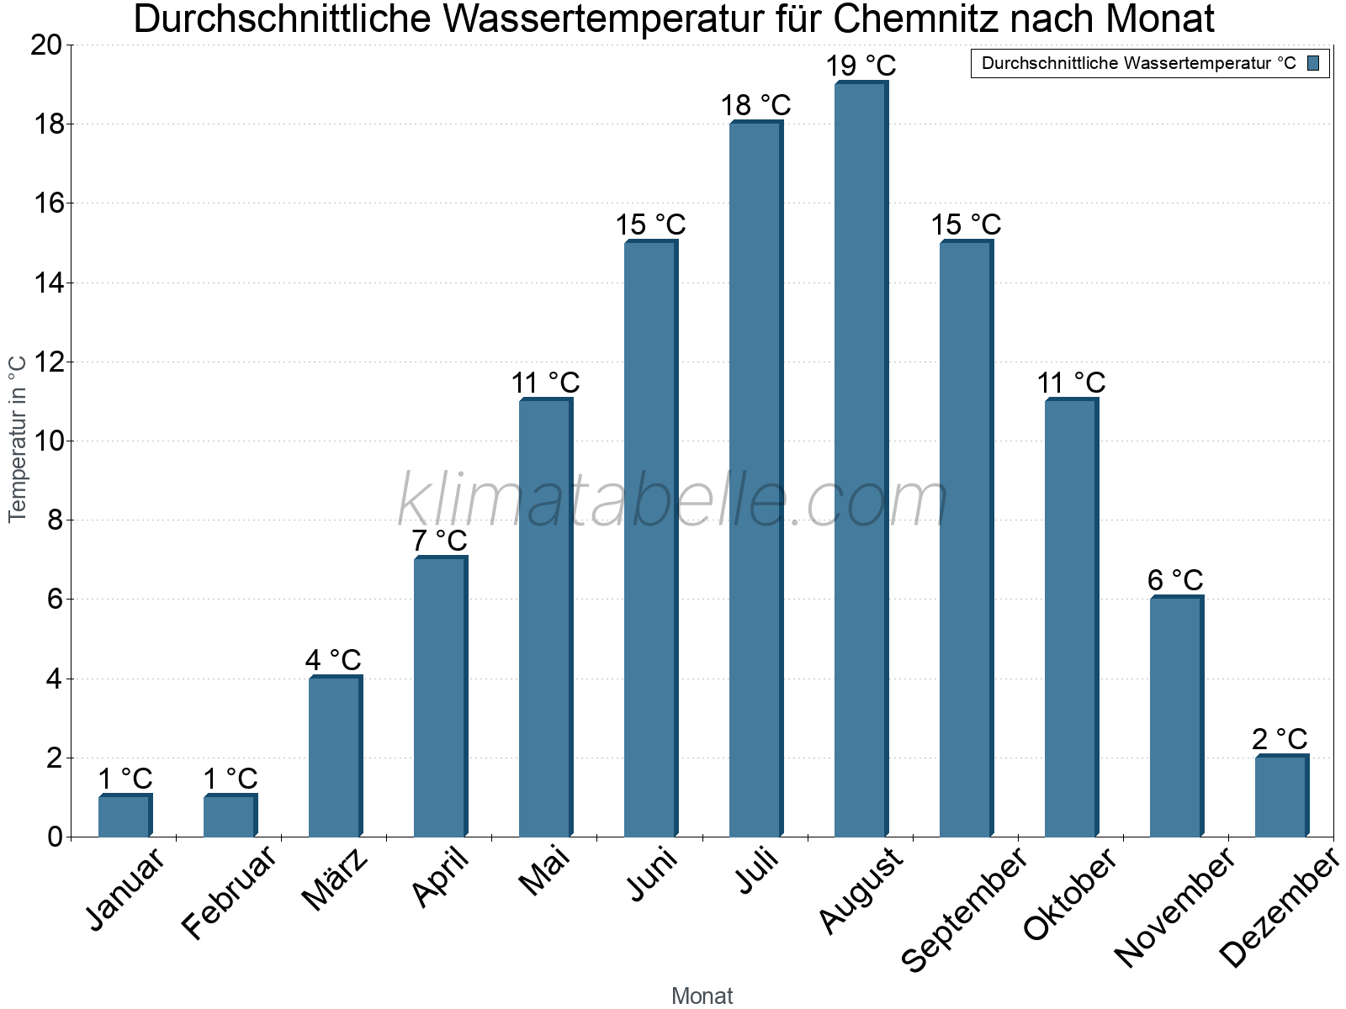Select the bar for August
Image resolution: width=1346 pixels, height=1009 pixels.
[x=861, y=459]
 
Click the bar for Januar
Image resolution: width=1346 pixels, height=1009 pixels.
[x=125, y=816]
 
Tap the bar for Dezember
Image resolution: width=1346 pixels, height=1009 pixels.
[x=1281, y=796]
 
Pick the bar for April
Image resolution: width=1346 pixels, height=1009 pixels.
[x=440, y=697]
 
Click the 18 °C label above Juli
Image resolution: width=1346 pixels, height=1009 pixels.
[x=755, y=105]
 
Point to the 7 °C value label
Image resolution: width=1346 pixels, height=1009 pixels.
[x=439, y=541]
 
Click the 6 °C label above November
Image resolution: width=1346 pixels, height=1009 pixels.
[x=1175, y=580]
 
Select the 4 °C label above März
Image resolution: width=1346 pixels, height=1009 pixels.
[x=333, y=660]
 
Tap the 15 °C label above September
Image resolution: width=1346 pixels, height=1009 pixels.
[x=966, y=225]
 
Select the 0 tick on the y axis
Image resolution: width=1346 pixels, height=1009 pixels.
[x=56, y=837]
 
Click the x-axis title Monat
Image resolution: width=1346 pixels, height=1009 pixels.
[x=702, y=996]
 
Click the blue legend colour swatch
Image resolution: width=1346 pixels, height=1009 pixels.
[x=1313, y=63]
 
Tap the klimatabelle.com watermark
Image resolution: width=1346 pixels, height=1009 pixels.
[x=673, y=501]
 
